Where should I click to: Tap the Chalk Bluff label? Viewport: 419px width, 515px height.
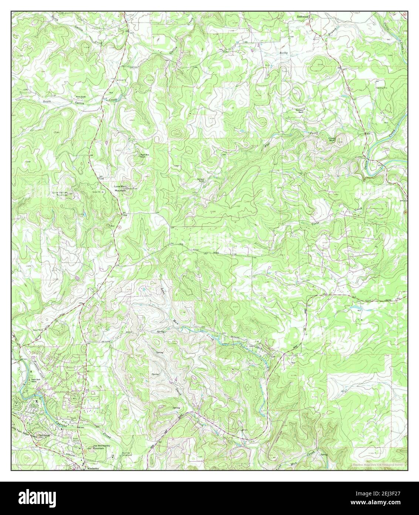(x=331, y=140)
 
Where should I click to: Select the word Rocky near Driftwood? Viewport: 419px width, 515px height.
(x=284, y=53)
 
